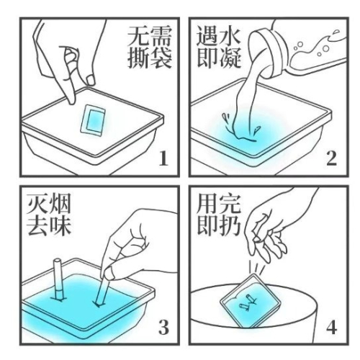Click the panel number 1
[x=163, y=158]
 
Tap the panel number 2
[x=331, y=158]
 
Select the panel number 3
[x=163, y=327]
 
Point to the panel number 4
[x=331, y=327]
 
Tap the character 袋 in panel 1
[x=161, y=58]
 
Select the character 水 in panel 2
[x=230, y=36]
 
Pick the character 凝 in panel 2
[x=230, y=58]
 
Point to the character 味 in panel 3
[x=60, y=225]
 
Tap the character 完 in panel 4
[x=230, y=204]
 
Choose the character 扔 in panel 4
[x=230, y=225]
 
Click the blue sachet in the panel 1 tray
[x=93, y=120]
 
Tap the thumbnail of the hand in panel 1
[x=91, y=80]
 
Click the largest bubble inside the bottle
[x=325, y=49]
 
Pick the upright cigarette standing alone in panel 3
[x=58, y=279]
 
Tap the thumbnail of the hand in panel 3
[x=109, y=273]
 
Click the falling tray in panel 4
[x=251, y=301]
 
